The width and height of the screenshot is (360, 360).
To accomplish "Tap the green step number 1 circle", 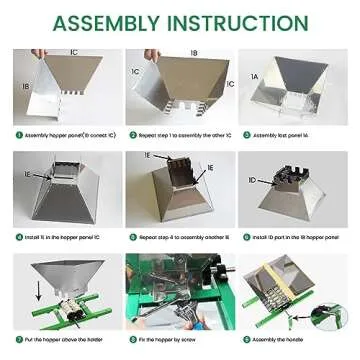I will [17, 133].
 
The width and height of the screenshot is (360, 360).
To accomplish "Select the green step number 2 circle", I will [130, 133].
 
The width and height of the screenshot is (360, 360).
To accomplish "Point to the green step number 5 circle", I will [130, 241].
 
